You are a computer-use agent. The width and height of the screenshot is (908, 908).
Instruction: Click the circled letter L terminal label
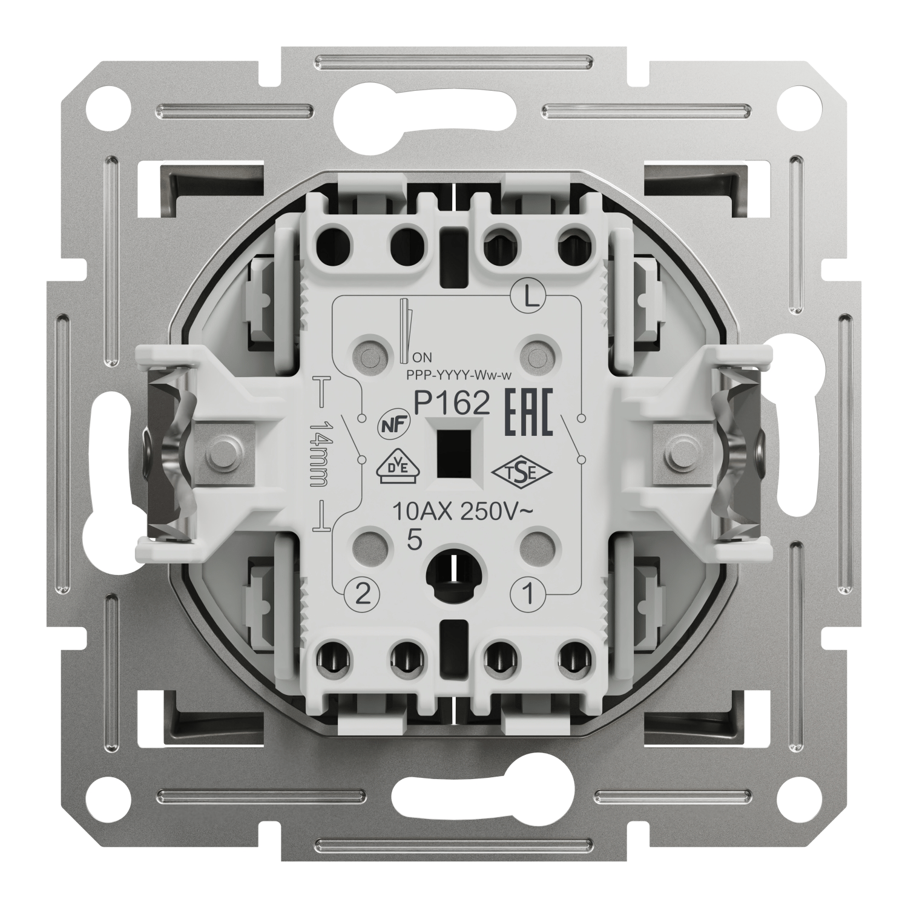[x=528, y=297]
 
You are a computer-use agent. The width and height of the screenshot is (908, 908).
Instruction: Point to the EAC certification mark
[x=529, y=413]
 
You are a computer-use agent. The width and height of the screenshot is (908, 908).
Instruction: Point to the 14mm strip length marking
[x=318, y=454]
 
